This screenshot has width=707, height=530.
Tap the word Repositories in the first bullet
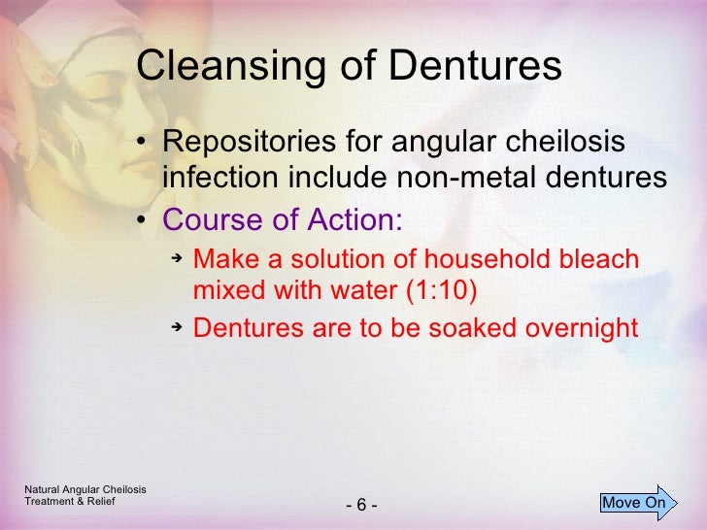click(247, 145)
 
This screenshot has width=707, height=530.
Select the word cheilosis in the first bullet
click(567, 144)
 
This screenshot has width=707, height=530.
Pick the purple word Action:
click(353, 219)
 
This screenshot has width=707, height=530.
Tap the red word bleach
click(593, 260)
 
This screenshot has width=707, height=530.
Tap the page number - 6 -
click(360, 506)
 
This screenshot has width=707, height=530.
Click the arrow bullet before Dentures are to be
click(177, 327)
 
